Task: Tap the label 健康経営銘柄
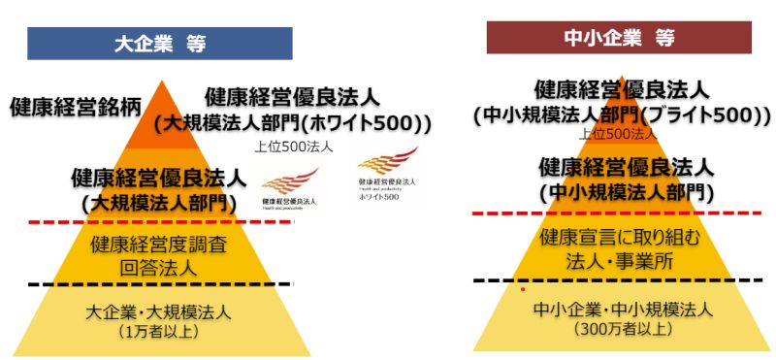pos(69,107)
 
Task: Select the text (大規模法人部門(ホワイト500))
pos(292,123)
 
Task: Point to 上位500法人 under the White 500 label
pos(293,147)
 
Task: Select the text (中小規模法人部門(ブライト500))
pos(622,115)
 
